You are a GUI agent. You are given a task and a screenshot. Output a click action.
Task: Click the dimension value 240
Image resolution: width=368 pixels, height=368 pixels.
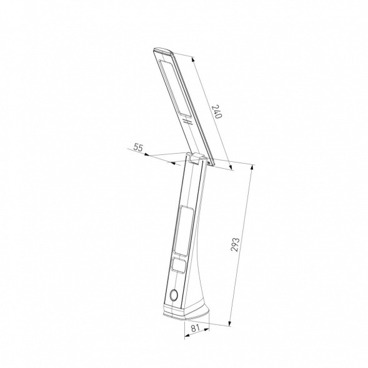217,111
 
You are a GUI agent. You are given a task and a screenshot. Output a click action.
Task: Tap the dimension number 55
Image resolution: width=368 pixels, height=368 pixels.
138,147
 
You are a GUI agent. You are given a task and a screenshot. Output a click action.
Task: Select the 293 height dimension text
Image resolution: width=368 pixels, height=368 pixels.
235,244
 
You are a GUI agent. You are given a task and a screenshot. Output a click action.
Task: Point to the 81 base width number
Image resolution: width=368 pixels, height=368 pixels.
195,328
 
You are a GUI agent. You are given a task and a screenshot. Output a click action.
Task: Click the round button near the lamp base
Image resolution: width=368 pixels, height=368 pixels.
174,296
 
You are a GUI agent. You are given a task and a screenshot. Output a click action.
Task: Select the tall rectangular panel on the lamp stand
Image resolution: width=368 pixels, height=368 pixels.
184,231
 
